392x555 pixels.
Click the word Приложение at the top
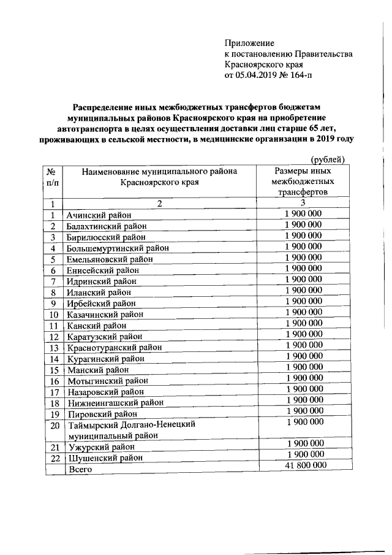pos(250,43)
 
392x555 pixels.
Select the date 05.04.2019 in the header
pos(260,76)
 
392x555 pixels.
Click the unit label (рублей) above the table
pos(328,160)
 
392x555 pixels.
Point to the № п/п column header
pos(53,177)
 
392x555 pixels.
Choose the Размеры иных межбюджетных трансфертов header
pos(303,182)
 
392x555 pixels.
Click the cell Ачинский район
pos(99,215)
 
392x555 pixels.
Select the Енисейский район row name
pos(104,270)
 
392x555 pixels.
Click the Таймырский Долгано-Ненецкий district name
pos(132,424)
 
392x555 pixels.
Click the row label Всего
pos(80,469)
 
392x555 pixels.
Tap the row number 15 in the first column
pos(53,370)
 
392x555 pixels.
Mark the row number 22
pos(53,457)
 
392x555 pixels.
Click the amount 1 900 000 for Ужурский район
pos(303,443)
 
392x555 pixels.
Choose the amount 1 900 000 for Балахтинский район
pos(303,224)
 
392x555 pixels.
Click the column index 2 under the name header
pos(160,204)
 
